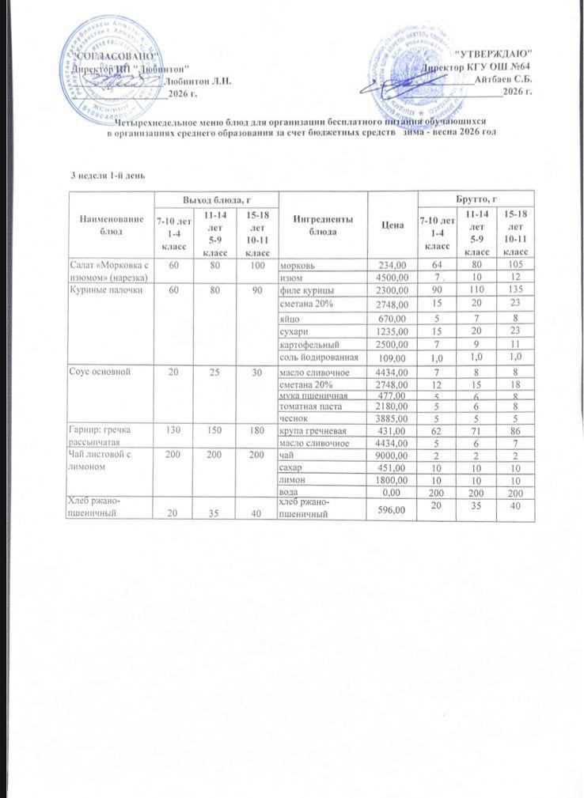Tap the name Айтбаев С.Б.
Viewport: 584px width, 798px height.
point(503,79)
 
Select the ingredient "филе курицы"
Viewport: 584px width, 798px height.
point(303,290)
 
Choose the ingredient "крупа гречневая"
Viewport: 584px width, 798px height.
point(309,431)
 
